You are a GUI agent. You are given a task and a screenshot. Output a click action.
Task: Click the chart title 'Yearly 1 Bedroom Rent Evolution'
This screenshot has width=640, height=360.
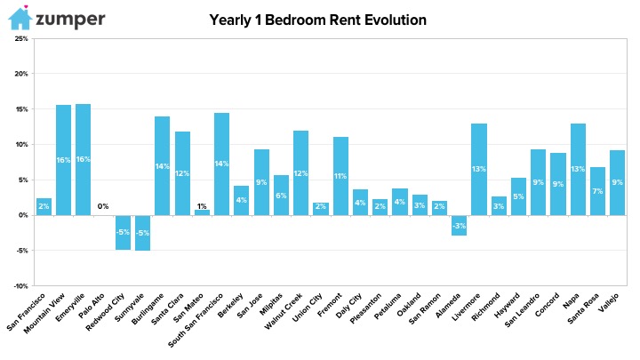317,20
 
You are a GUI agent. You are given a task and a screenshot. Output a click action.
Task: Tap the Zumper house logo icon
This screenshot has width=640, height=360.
17,18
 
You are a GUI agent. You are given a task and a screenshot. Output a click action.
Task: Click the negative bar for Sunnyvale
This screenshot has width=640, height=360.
142,233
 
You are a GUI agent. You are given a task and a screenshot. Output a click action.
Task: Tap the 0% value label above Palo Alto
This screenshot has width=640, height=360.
103,206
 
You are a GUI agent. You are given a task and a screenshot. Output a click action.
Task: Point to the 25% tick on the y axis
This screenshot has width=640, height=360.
20,39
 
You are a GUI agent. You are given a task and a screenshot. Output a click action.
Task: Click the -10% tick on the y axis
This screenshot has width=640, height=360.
20,286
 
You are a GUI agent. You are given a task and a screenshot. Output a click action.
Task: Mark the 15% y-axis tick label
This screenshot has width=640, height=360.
20,109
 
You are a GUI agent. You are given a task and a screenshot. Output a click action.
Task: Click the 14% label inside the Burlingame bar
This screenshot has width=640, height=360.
162,166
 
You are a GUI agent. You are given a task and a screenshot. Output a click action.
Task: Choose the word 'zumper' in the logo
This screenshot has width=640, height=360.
70,19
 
